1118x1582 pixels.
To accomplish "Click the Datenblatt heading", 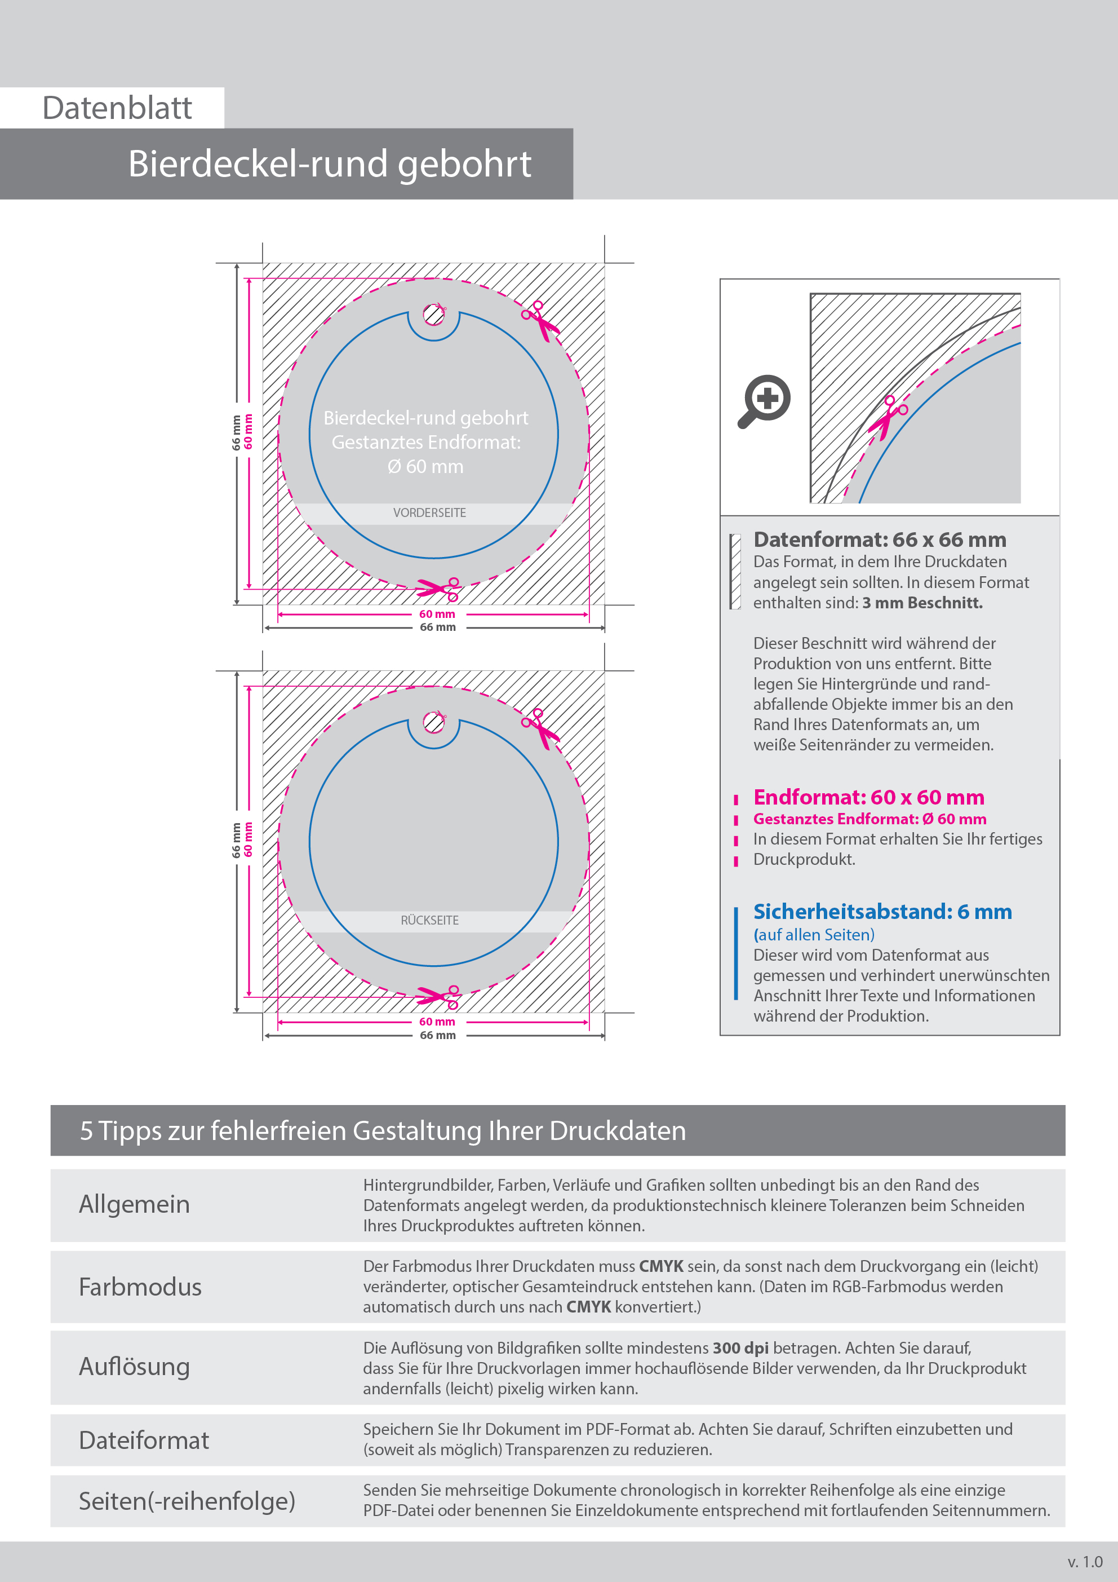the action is point(117,108).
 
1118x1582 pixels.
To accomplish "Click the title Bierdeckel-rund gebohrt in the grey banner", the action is point(329,165).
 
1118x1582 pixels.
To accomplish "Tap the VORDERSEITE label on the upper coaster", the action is point(429,512).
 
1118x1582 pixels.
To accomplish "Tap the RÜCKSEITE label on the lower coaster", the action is point(429,921).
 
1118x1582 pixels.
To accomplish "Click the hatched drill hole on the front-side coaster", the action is point(433,315).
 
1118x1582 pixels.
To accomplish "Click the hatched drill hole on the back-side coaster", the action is point(433,723).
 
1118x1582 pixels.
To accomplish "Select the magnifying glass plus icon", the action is point(765,401).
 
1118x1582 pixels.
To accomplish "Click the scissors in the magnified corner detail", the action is point(887,416).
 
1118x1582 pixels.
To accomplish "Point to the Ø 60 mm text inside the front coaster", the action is point(425,466).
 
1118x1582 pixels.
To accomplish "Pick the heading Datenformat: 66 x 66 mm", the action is point(880,540).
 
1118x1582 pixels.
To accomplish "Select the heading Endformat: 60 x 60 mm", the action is point(868,797).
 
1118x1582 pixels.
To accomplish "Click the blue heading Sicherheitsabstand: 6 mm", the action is point(882,912).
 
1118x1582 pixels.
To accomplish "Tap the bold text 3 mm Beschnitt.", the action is point(922,603).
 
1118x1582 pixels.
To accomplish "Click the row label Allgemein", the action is point(134,1204).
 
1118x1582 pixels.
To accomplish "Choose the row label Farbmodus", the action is point(140,1287).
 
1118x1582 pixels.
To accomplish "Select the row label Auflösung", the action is point(134,1366).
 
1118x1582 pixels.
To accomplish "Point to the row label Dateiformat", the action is point(144,1440).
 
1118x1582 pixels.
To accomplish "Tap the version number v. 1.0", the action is point(1085,1562).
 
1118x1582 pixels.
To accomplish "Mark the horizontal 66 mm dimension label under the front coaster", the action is point(437,627).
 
